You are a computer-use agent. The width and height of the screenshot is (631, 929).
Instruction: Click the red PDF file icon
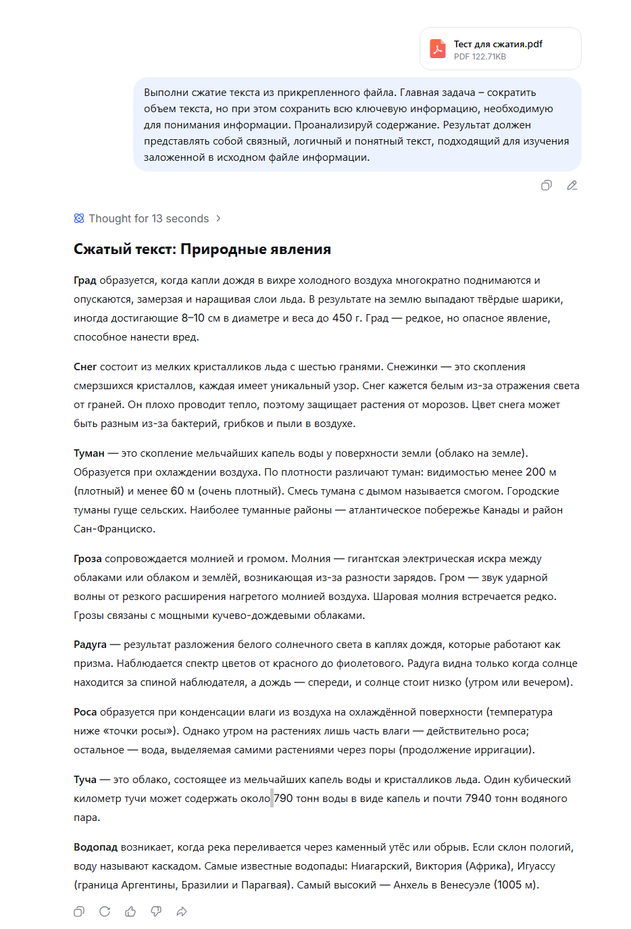pyautogui.click(x=438, y=49)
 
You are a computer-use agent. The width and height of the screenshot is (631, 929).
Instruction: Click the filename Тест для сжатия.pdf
pyautogui.click(x=498, y=44)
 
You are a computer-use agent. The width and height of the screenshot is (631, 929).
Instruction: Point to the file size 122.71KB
pyautogui.click(x=489, y=57)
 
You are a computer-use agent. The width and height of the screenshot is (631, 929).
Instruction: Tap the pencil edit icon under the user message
pyautogui.click(x=572, y=185)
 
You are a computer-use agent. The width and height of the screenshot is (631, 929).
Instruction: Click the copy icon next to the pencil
pyautogui.click(x=547, y=185)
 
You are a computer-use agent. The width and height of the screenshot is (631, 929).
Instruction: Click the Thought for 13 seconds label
pyautogui.click(x=149, y=218)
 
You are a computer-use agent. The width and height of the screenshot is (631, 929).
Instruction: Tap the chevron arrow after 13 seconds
pyautogui.click(x=218, y=218)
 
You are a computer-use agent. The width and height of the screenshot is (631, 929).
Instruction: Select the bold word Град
pyautogui.click(x=85, y=280)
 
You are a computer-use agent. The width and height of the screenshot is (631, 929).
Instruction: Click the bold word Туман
pyautogui.click(x=89, y=453)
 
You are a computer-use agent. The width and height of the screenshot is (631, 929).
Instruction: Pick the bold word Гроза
pyautogui.click(x=88, y=559)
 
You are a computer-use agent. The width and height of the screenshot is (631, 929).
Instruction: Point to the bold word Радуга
pyautogui.click(x=91, y=645)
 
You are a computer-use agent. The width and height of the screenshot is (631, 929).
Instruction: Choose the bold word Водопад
pyautogui.click(x=95, y=847)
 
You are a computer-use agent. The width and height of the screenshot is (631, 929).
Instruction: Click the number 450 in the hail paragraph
pyautogui.click(x=342, y=318)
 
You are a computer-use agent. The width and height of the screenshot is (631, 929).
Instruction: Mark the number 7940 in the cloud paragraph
pyautogui.click(x=478, y=799)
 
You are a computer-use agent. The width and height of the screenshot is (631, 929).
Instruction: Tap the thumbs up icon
pyautogui.click(x=130, y=911)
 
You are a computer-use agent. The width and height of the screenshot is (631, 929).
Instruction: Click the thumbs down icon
pyautogui.click(x=156, y=911)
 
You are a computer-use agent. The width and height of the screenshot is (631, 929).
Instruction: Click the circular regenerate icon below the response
pyautogui.click(x=105, y=911)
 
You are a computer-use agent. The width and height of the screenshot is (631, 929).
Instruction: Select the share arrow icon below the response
pyautogui.click(x=182, y=911)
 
